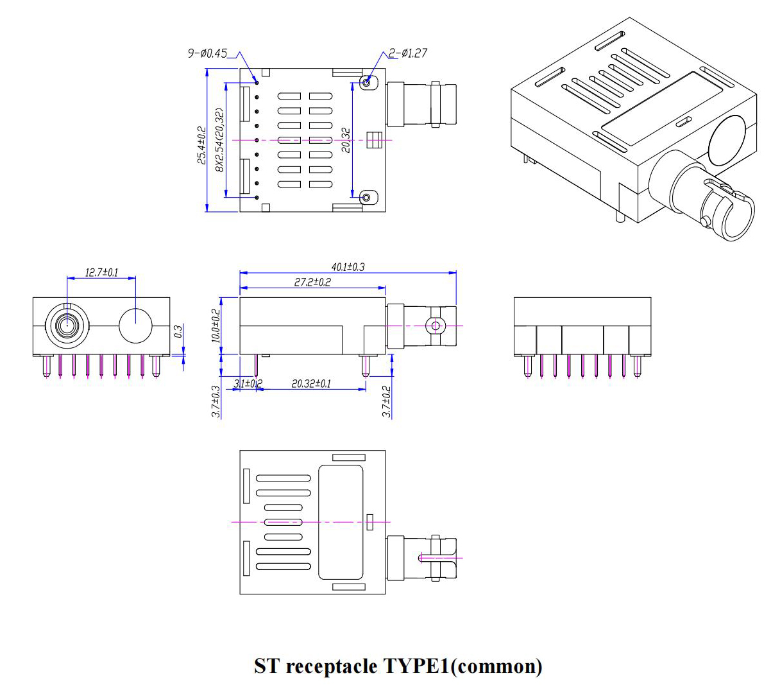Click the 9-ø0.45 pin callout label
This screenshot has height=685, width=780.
207,53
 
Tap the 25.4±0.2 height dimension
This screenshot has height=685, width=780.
201,145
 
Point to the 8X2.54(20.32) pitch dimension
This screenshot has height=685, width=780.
219,140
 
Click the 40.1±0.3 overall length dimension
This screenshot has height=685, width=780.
348,266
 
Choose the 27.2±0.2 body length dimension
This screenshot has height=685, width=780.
312,282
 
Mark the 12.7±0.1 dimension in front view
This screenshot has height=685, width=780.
101,272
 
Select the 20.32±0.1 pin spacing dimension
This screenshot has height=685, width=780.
311,384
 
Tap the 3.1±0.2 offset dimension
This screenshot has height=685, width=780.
248,384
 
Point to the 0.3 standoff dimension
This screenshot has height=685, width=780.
178,331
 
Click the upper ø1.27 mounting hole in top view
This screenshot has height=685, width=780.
367,82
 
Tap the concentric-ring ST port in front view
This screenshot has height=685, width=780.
66,325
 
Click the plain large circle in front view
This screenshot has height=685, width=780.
135,325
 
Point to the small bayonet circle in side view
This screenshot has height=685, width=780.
436,325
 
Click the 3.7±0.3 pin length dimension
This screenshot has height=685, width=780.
216,401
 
